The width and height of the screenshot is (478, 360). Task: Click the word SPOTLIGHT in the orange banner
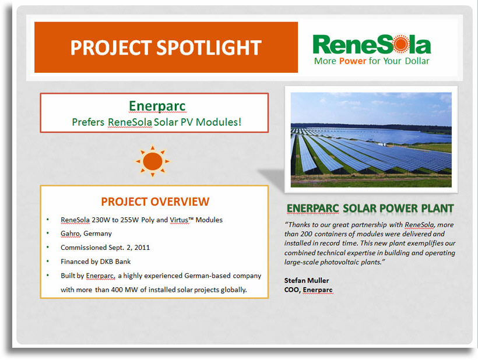(209, 48)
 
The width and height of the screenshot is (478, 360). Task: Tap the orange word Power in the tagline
(353, 61)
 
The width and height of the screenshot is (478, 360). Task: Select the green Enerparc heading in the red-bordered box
(157, 106)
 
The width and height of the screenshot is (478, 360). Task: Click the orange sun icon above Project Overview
(152, 161)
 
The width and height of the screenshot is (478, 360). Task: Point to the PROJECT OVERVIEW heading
(155, 202)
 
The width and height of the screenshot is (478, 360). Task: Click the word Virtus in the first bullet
(179, 220)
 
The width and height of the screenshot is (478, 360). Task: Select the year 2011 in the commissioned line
(142, 248)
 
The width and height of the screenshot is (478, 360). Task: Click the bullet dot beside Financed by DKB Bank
(48, 261)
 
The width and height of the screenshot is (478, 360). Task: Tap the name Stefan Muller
(307, 280)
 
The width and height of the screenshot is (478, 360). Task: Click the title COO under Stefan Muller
(291, 290)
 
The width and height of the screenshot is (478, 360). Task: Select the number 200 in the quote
(306, 234)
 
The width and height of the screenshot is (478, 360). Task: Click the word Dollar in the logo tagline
(417, 61)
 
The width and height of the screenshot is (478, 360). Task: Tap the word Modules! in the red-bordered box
(218, 122)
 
